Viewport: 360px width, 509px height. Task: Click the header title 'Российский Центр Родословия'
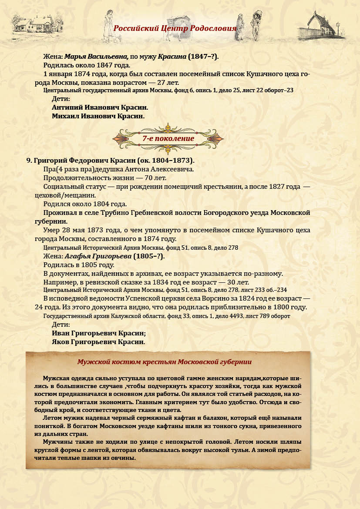coord(175,29)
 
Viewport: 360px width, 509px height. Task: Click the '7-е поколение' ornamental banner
coord(168,138)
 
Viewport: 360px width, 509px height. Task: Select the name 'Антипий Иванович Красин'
coord(100,107)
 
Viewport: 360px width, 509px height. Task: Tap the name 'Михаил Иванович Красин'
coord(98,116)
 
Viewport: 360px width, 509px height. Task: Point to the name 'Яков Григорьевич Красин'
coord(98,342)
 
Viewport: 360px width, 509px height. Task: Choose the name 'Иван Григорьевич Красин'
coord(98,333)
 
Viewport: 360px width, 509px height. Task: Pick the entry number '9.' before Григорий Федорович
coord(30,160)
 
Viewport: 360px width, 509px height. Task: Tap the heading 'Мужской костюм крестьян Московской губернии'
coord(164,362)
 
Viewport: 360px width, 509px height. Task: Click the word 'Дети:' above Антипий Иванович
coord(61,99)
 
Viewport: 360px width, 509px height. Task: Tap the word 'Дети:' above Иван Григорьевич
coord(61,325)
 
